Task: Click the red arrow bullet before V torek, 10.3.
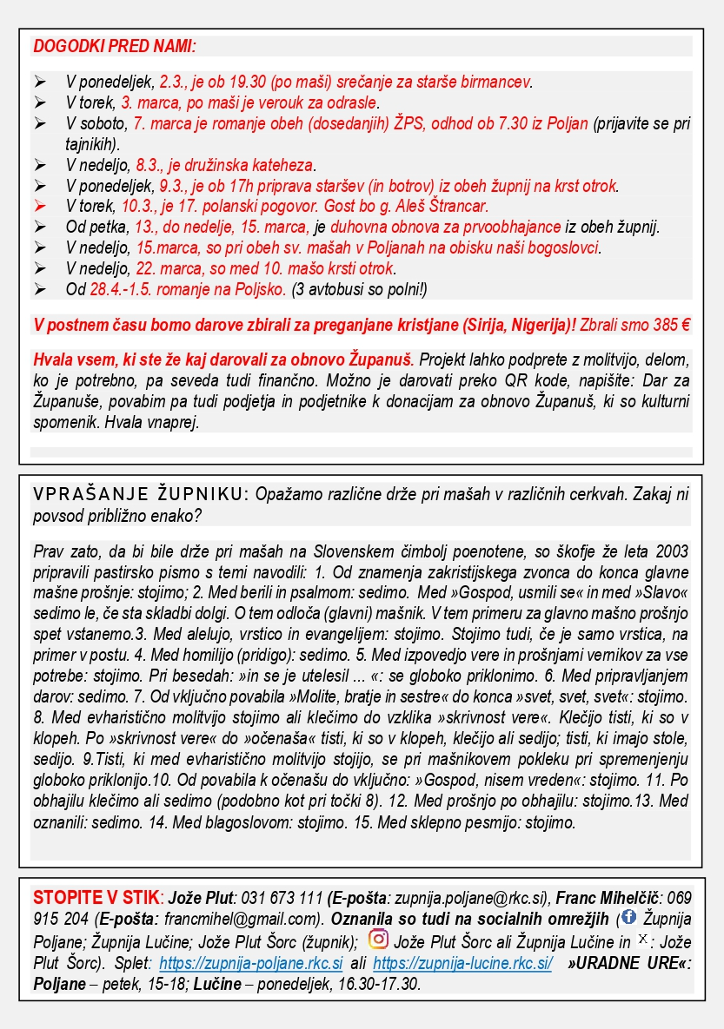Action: (39, 207)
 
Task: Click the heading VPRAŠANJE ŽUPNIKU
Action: (141, 494)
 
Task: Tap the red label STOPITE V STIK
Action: (95, 897)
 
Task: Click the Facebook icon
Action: (628, 916)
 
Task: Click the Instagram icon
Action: (378, 939)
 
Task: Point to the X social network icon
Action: (642, 938)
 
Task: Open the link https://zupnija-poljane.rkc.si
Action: (251, 963)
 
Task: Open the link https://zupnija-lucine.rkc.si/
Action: (462, 963)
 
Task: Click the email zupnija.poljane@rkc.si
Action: (470, 897)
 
